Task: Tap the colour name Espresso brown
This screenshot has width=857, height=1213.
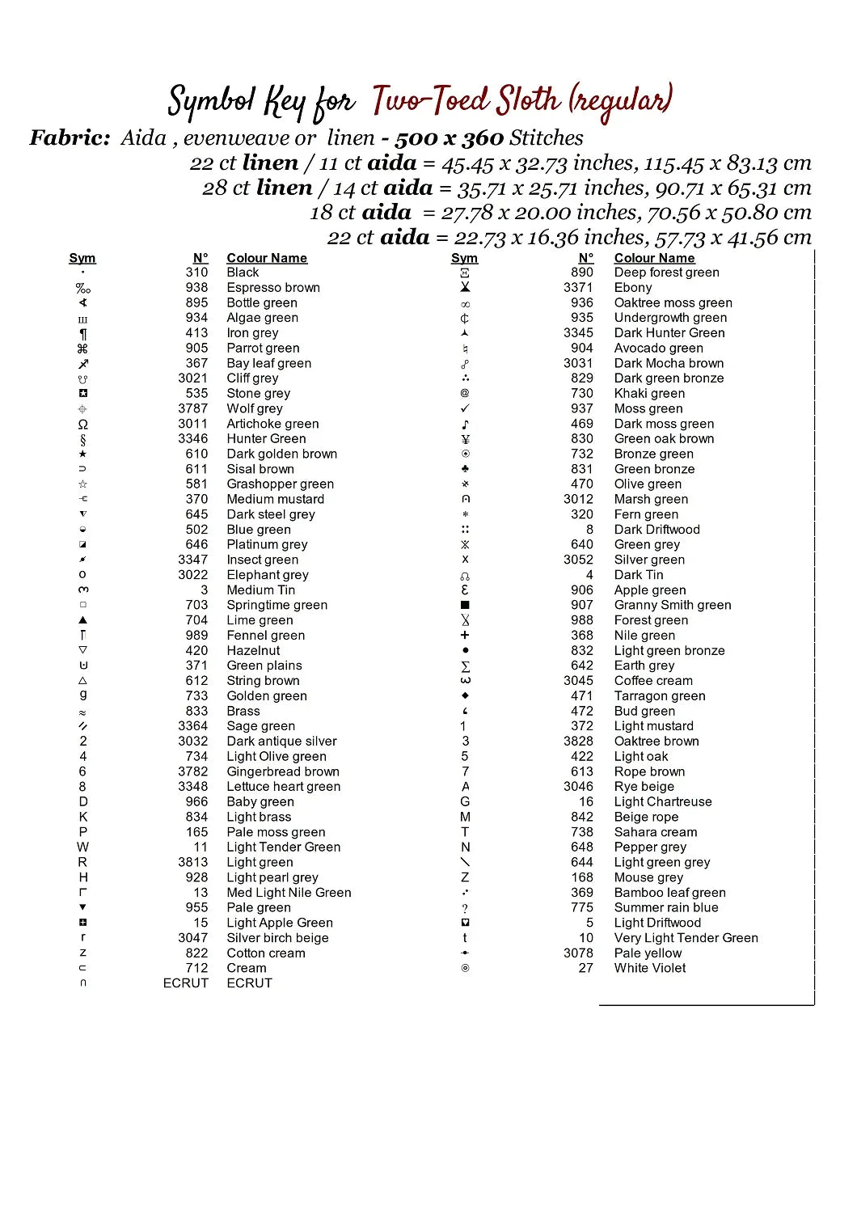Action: pos(273,288)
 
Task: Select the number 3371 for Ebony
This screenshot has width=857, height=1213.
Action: pos(578,288)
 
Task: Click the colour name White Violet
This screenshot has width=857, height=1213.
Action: pos(650,968)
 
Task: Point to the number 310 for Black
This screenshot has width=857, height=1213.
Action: pos(196,273)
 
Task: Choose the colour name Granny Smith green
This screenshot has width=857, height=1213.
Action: pos(673,605)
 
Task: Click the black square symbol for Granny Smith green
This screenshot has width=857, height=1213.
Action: pos(465,605)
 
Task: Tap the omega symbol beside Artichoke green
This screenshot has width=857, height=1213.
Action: pos(82,424)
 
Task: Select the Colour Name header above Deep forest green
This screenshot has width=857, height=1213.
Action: pos(654,258)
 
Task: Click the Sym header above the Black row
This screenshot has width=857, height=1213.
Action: pos(82,258)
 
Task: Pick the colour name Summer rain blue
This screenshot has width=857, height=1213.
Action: pos(666,907)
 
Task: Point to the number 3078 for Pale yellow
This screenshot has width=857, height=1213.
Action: pos(578,953)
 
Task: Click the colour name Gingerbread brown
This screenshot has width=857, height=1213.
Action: pos(283,771)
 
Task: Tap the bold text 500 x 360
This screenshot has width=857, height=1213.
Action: pos(449,138)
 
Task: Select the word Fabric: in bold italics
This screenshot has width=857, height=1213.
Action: pos(70,138)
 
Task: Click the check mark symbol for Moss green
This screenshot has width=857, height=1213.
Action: pos(465,408)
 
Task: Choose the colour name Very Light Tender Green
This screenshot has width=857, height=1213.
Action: pos(686,938)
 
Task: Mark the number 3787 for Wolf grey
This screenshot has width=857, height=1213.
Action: pos(193,408)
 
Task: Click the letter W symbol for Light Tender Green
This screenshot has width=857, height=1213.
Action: pos(82,847)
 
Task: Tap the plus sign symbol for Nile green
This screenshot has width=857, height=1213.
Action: pos(465,636)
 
